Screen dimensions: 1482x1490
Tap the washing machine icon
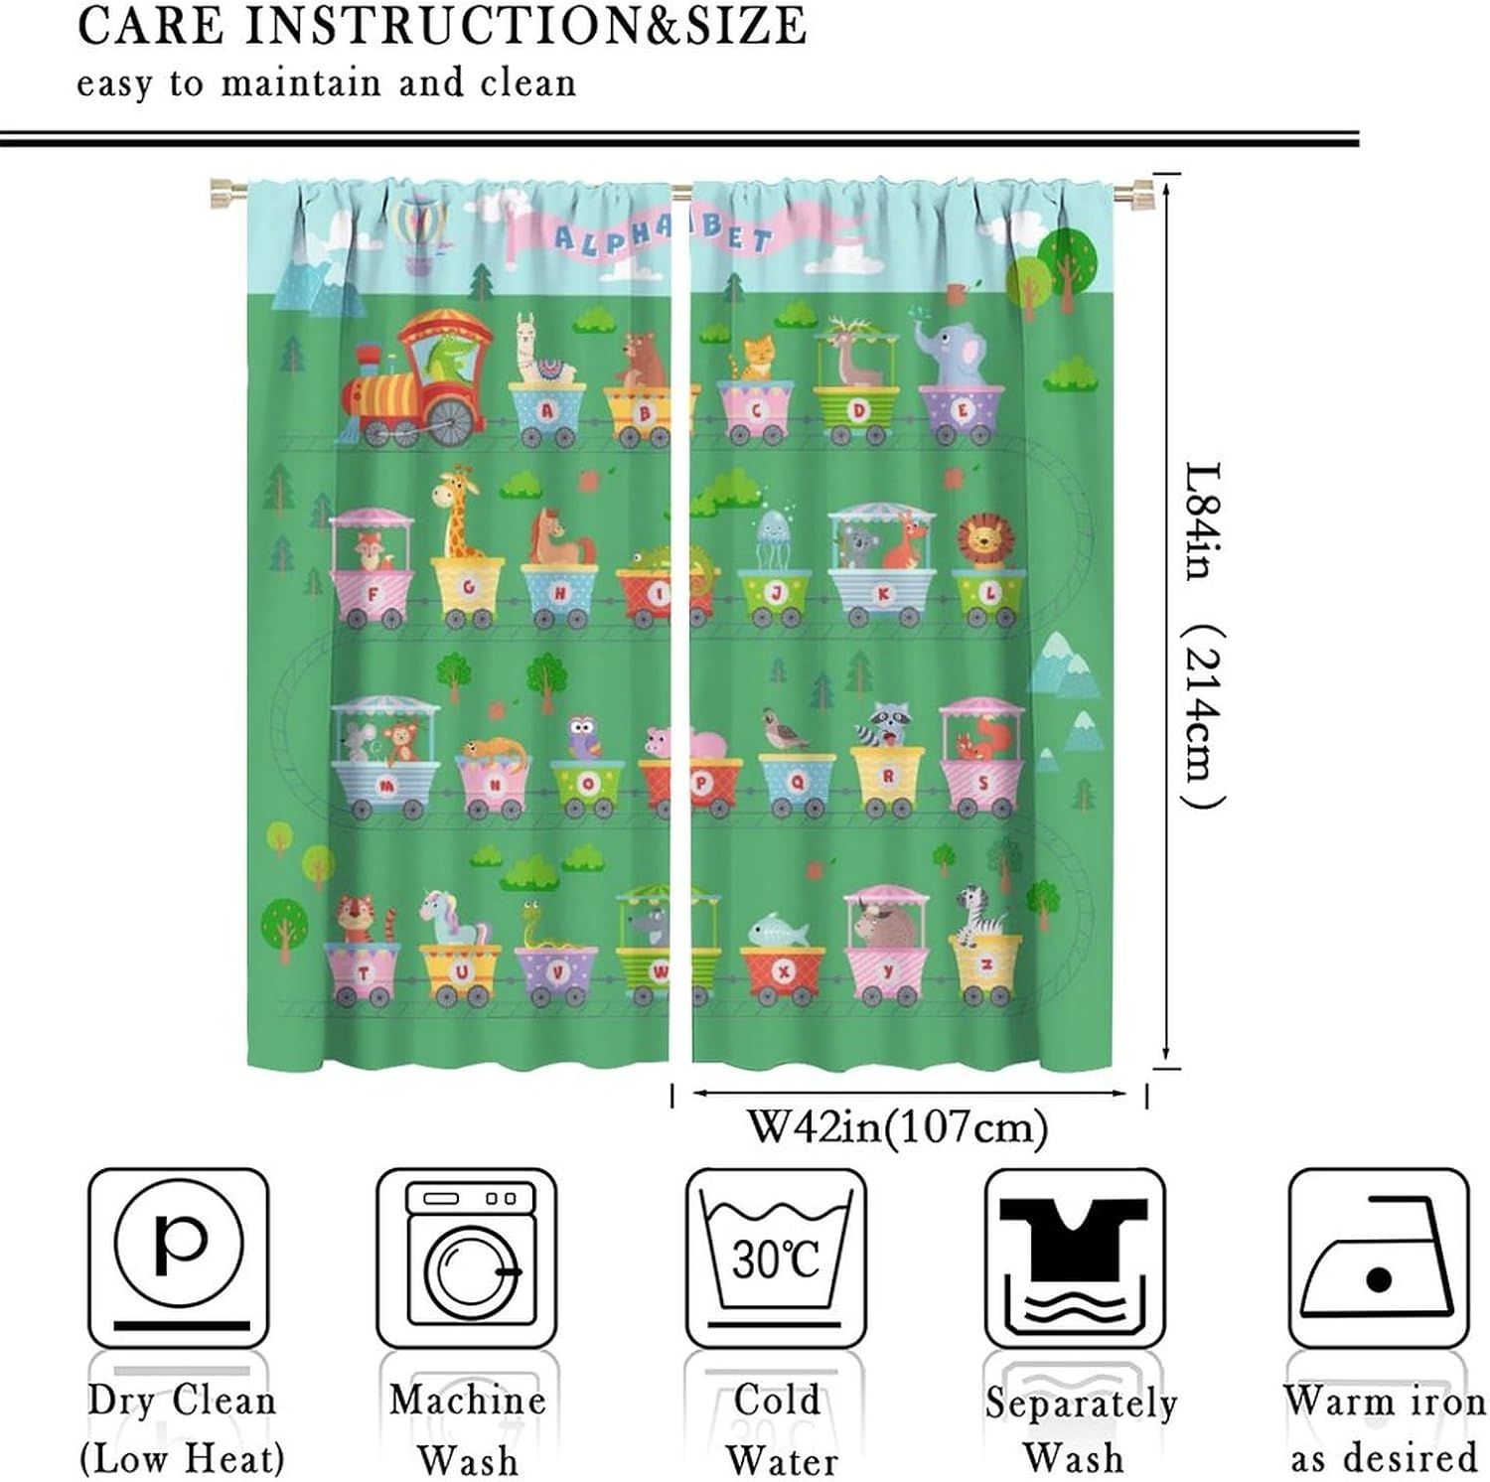tap(467, 1257)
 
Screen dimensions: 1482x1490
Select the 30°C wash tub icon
tap(776, 1257)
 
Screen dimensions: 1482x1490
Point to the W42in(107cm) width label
tap(897, 1127)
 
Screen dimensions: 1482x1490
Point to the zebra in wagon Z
tap(974, 913)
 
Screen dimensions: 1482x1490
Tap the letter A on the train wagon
tap(547, 410)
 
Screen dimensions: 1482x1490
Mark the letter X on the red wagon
tap(783, 971)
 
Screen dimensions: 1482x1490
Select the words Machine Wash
tap(467, 1428)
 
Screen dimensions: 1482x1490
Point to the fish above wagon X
tap(778, 932)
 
